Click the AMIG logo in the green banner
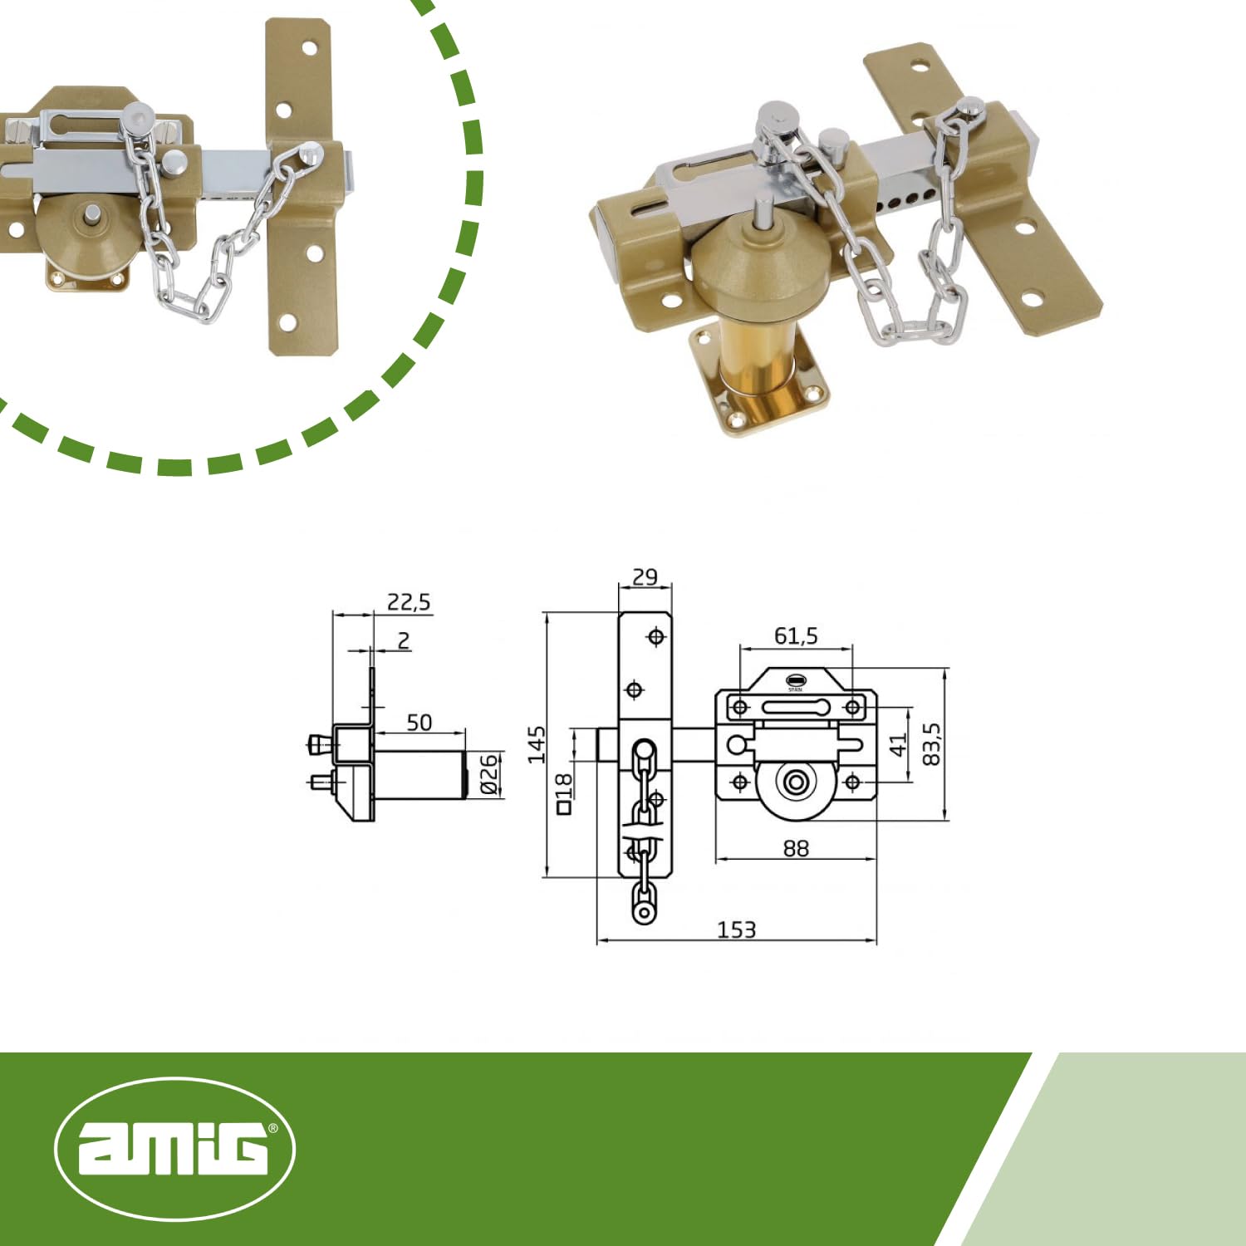174,1149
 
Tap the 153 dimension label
737,930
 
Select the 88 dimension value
796,848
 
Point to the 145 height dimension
537,744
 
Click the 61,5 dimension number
796,635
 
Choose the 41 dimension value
899,745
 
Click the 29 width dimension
645,576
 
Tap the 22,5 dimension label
409,601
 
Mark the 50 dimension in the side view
419,722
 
